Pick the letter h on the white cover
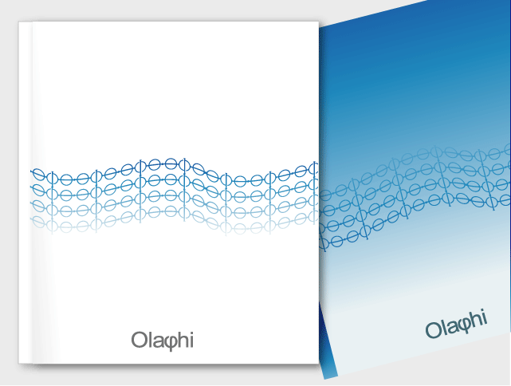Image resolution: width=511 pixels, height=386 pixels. pyautogui.click(x=182, y=341)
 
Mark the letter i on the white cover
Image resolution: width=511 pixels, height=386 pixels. pyautogui.click(x=191, y=341)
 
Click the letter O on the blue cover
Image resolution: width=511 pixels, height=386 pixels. pyautogui.click(x=434, y=329)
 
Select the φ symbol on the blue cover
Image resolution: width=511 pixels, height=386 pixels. pyautogui.click(x=465, y=323)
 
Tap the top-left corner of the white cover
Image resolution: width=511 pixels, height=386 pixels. pyautogui.click(x=19, y=23)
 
